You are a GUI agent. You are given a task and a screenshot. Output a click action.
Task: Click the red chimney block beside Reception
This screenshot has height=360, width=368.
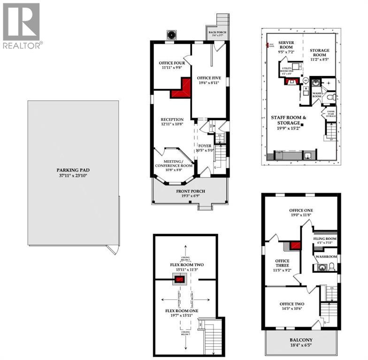[181, 89]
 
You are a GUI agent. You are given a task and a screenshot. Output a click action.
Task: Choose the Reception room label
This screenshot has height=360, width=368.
[171, 119]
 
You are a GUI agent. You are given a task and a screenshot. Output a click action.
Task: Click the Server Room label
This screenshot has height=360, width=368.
[286, 45]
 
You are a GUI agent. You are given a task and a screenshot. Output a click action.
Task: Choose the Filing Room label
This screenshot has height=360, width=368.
[325, 239]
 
